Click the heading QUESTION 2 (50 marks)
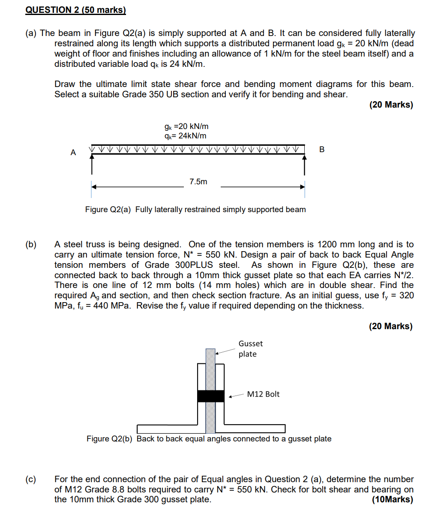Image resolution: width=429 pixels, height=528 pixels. [75, 10]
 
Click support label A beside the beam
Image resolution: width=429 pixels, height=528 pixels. [73, 152]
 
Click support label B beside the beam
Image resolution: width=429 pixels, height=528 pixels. [322, 149]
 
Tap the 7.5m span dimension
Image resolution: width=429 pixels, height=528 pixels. [198, 182]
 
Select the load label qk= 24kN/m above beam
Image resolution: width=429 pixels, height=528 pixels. [185, 136]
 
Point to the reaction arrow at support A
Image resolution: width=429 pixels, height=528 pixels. [92, 164]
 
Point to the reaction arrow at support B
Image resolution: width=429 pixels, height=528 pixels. [305, 164]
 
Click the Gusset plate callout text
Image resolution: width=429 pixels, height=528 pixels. [250, 348]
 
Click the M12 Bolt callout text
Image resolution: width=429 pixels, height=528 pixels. [263, 394]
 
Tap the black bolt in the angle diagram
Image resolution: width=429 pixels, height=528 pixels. [210, 396]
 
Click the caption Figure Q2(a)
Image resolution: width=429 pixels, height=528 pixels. [195, 210]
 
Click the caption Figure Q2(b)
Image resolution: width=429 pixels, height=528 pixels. [209, 439]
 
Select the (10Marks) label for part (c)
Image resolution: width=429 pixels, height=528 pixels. [393, 499]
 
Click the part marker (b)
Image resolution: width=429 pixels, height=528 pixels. [31, 245]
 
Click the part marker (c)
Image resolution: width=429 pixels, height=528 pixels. [31, 479]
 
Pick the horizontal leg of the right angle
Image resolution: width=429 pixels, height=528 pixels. [255, 429]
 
